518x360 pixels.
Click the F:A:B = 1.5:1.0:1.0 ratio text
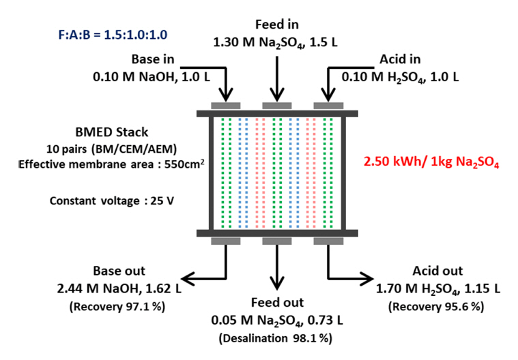tap(102, 33)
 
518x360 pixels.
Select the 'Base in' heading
tap(155, 59)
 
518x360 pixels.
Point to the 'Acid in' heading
tap(402, 59)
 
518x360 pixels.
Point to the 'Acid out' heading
tap(437, 271)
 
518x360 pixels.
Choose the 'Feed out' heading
tap(276, 303)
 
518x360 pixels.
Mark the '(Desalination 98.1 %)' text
tap(276, 337)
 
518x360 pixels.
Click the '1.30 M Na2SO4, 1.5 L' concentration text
tap(276, 42)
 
